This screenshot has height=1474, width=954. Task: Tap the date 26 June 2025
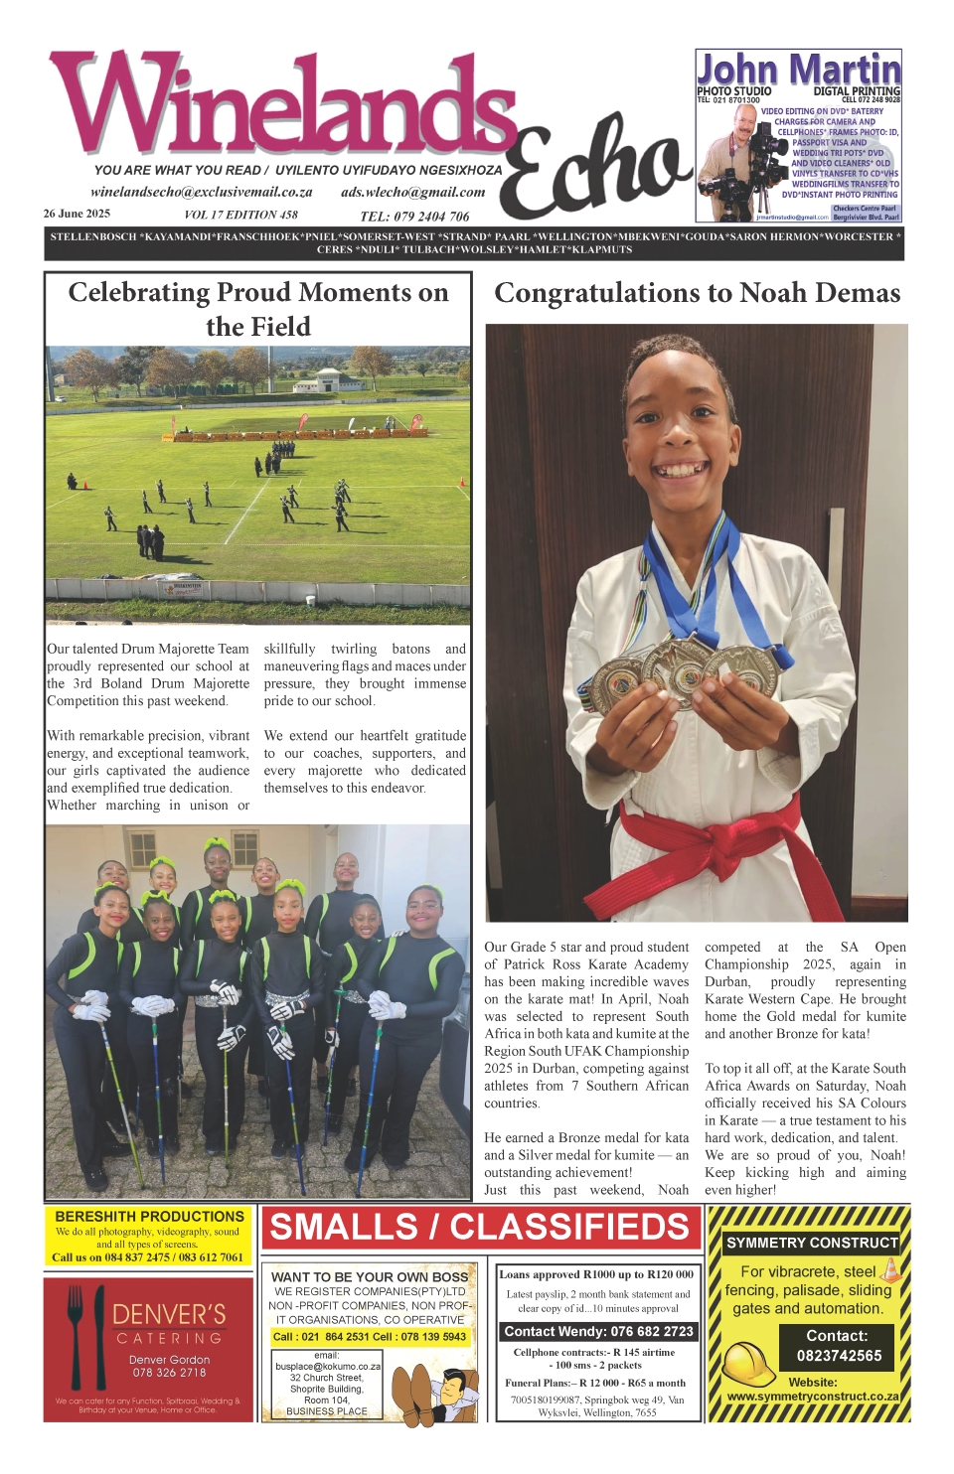coord(77,214)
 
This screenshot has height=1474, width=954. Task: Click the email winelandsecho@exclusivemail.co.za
coord(201,192)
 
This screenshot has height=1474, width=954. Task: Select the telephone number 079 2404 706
coord(414,216)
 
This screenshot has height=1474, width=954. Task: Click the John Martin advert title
coord(798,70)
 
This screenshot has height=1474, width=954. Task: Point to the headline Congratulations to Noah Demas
coord(697,293)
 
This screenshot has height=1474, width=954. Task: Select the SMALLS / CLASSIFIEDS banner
coord(480,1228)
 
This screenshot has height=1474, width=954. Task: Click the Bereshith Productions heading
coord(149,1216)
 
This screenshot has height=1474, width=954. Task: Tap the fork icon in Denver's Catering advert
coord(76,1330)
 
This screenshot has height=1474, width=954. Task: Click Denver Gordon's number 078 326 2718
coord(169,1372)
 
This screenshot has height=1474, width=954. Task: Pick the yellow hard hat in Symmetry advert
coord(748,1363)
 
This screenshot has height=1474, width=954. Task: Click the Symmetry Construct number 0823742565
coord(839,1356)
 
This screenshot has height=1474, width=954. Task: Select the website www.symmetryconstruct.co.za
coord(812,1396)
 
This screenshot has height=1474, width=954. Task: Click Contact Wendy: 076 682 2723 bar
coord(597,1331)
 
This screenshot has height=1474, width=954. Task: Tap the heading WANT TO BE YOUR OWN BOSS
coord(370,1276)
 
